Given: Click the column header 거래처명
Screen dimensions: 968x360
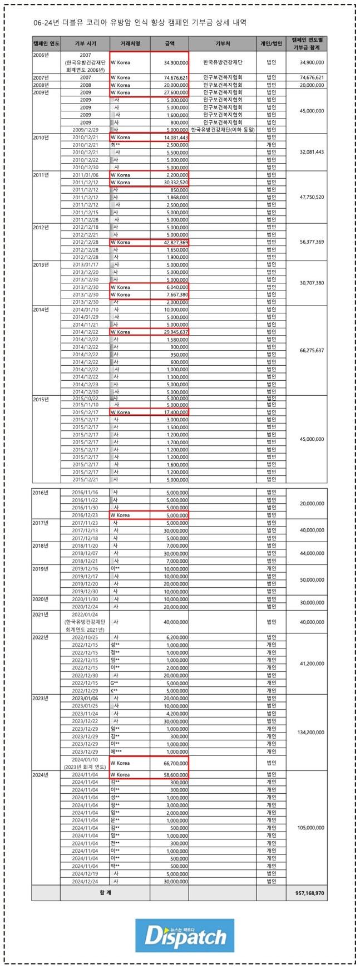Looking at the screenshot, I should [x=130, y=43].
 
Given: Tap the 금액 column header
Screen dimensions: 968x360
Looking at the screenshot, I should [x=170, y=43].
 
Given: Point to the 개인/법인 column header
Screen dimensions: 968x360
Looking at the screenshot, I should [x=271, y=43].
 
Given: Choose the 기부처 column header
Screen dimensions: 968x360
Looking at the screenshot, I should [x=223, y=43].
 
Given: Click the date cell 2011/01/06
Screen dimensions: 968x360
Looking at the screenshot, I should [x=85, y=175].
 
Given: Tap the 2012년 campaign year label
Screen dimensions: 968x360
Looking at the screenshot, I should [x=42, y=227].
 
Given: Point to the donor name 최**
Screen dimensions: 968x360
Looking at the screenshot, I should [x=115, y=145].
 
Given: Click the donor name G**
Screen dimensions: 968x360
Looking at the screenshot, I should [x=115, y=682].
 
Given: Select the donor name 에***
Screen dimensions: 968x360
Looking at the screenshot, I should [x=116, y=751].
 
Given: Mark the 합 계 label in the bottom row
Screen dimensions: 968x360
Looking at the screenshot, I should [x=105, y=892].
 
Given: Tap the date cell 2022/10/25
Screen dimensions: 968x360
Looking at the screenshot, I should [x=85, y=637].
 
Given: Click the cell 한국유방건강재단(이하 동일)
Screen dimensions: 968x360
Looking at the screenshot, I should [x=223, y=129].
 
